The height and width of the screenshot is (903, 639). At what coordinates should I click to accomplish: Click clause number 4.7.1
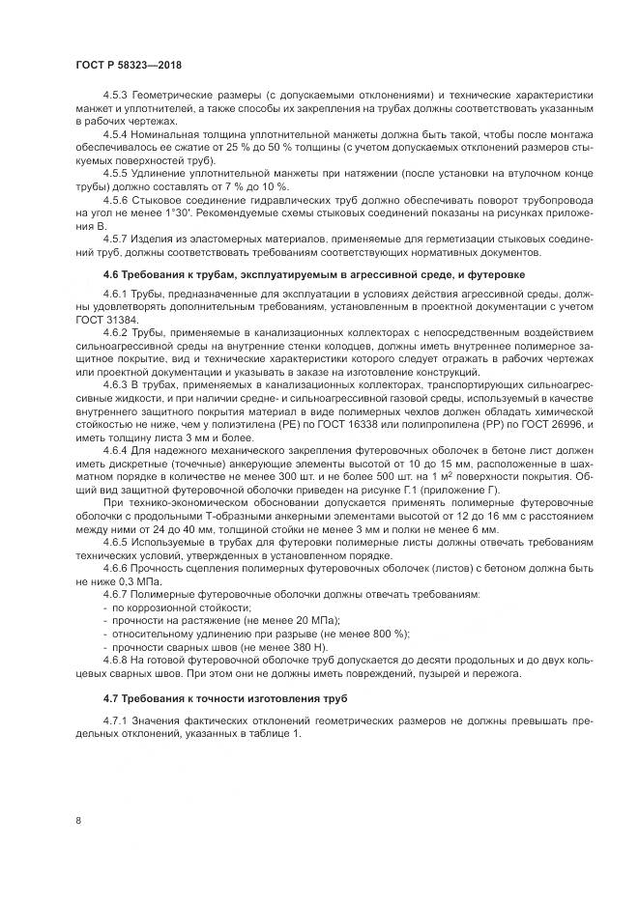pos(117,721)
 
